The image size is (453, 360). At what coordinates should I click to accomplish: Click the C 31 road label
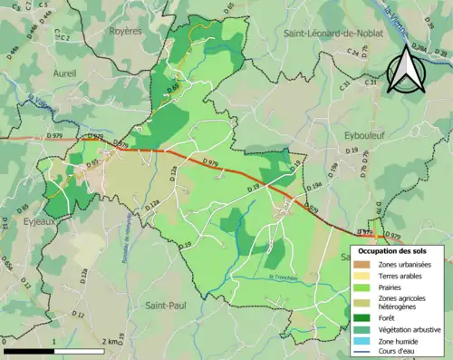[345, 83]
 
